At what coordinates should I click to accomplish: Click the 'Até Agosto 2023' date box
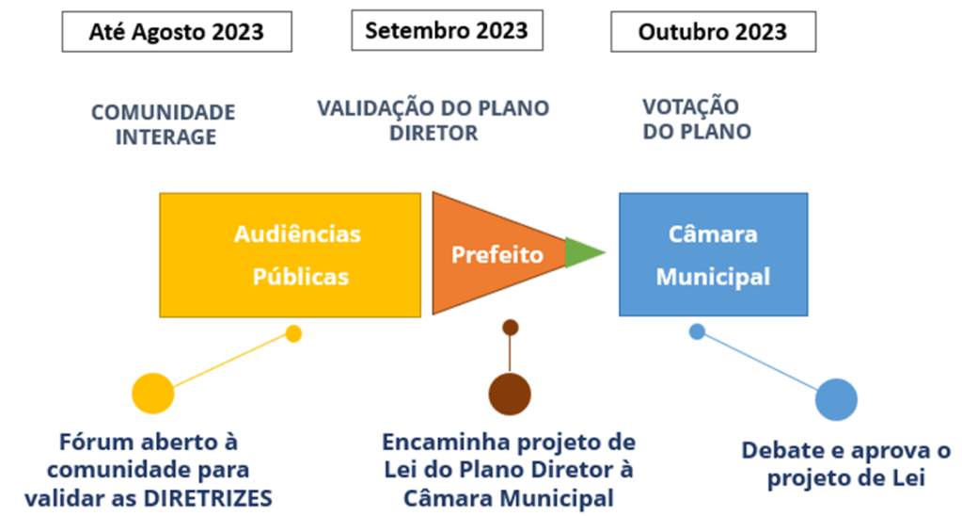pos(176,32)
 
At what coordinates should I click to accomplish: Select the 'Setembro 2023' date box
pos(447,29)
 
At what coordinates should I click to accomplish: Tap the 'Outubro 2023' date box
pos(713,32)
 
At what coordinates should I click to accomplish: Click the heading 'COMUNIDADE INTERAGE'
pos(163,124)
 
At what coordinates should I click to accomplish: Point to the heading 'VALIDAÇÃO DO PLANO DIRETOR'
pos(433,121)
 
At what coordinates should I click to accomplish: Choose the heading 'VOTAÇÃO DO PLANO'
pos(696,120)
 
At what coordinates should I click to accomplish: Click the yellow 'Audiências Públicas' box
pos(290,254)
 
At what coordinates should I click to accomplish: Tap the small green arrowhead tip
pos(583,253)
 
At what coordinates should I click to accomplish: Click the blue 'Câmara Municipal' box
pos(713,254)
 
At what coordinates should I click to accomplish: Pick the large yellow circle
pos(153,394)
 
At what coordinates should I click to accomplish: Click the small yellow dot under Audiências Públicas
pos(293,333)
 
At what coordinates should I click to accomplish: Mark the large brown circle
pos(510,393)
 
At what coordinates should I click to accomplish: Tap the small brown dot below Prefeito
pos(511,328)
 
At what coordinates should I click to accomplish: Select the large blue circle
pos(836,399)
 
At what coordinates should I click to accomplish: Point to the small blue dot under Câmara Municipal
pos(697,331)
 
